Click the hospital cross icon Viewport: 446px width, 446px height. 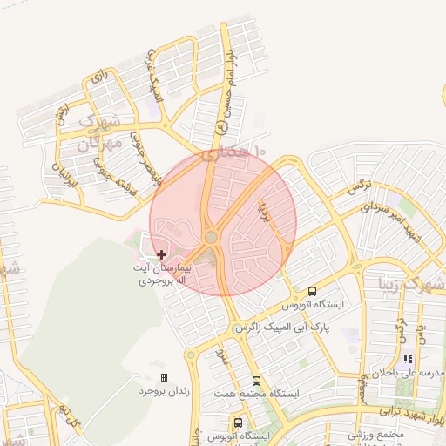[161, 254]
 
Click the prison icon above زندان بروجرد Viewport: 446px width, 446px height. [164, 377]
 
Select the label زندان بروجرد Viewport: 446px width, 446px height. [164, 391]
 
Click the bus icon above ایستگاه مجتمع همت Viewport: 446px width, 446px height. [256, 381]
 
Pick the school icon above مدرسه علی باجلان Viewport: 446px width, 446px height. [407, 359]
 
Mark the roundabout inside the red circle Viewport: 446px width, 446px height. [211, 237]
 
